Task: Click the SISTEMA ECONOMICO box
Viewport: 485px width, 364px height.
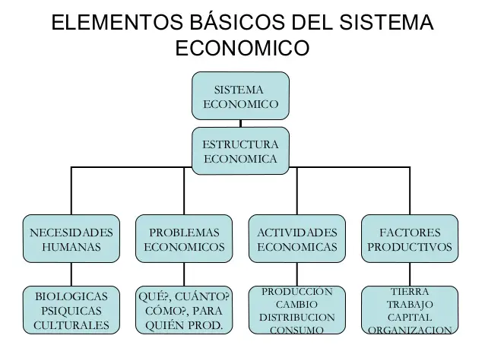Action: pyautogui.click(x=240, y=96)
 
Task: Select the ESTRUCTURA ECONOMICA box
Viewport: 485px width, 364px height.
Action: pyautogui.click(x=240, y=151)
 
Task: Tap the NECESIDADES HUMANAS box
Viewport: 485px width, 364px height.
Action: pyautogui.click(x=71, y=239)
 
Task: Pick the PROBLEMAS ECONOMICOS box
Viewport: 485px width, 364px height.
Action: pyautogui.click(x=184, y=239)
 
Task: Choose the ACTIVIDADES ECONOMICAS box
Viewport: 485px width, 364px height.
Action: pyautogui.click(x=296, y=239)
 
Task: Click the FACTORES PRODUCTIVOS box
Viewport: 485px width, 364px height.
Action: pyautogui.click(x=410, y=239)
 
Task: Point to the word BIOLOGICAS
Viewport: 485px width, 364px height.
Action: pyautogui.click(x=71, y=296)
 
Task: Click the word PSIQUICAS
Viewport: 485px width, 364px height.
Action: pyautogui.click(x=71, y=311)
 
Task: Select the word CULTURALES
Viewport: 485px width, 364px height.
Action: pyautogui.click(x=71, y=325)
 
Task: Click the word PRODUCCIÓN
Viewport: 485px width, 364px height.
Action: pyautogui.click(x=296, y=291)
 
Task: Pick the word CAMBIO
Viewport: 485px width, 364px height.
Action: pyautogui.click(x=296, y=304)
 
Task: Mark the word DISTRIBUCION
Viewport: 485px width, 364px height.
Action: pyautogui.click(x=296, y=317)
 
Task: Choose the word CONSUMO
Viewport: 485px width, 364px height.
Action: pyautogui.click(x=296, y=330)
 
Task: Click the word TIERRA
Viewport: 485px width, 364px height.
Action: pyautogui.click(x=410, y=291)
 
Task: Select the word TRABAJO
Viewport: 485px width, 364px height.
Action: pyautogui.click(x=410, y=304)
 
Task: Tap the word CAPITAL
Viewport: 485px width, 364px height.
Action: pyautogui.click(x=410, y=317)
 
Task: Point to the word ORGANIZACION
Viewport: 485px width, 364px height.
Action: pyautogui.click(x=410, y=330)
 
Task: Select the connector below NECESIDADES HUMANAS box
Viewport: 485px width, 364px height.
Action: pyautogui.click(x=71, y=274)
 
